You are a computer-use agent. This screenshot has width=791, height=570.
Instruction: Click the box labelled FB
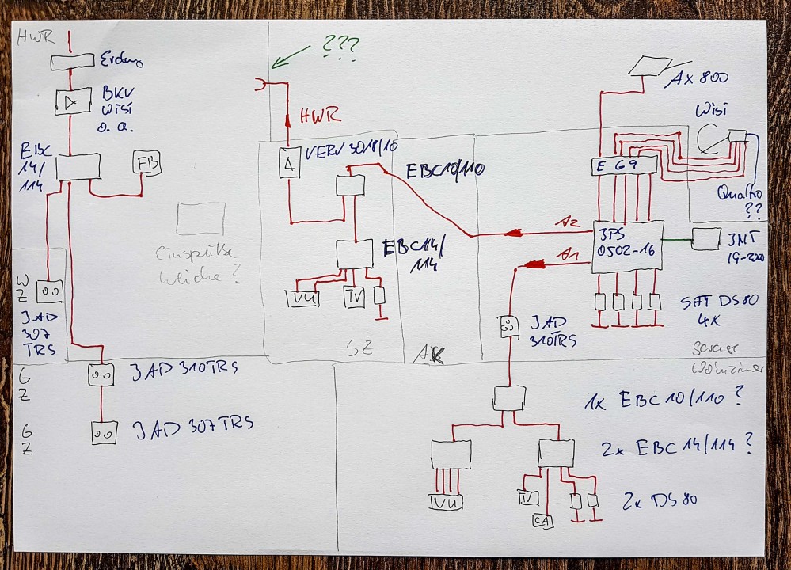tap(147, 163)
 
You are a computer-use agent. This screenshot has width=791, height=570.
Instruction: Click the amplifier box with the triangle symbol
tap(73, 101)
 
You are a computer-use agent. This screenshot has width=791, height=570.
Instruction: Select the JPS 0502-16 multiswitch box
tap(626, 246)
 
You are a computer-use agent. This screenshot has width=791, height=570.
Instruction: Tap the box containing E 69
tap(624, 165)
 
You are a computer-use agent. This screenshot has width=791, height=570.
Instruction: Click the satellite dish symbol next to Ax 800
tap(649, 66)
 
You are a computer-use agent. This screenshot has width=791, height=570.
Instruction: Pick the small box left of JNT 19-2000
tap(705, 238)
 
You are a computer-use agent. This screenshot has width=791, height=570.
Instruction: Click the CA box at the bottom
tap(542, 521)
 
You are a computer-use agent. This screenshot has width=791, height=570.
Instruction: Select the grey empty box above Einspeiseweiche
tap(200, 218)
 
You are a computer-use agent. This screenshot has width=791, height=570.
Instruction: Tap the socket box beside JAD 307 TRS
tap(104, 433)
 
